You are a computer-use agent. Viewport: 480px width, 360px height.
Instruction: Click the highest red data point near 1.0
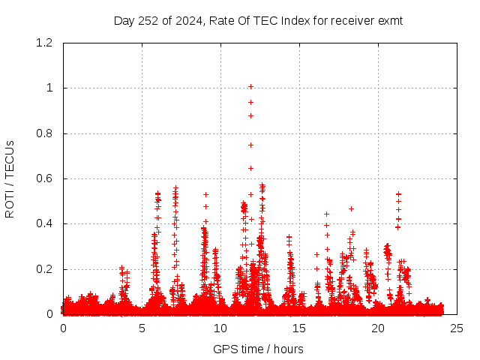point(250,86)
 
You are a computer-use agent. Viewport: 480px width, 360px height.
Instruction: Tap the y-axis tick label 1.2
point(44,43)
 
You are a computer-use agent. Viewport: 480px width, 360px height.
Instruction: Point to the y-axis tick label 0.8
point(44,133)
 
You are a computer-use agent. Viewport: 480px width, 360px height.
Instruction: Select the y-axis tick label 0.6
point(44,178)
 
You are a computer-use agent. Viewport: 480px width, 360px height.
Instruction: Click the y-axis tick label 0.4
point(44,224)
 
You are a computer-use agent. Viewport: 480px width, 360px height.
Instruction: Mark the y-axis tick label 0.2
point(44,269)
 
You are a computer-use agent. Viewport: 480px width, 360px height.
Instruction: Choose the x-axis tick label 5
point(142,328)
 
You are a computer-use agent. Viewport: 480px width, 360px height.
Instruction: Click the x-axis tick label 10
point(220,328)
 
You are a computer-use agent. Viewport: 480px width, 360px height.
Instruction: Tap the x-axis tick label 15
point(299,328)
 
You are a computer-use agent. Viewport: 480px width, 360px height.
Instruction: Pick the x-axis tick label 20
point(378,328)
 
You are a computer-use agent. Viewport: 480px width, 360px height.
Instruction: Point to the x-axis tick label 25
point(457,328)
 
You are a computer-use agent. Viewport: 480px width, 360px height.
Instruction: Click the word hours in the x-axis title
point(288,349)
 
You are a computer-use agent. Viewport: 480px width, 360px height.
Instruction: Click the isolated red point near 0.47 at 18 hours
point(351,208)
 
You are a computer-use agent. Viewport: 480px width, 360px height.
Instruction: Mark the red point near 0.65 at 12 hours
point(250,168)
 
